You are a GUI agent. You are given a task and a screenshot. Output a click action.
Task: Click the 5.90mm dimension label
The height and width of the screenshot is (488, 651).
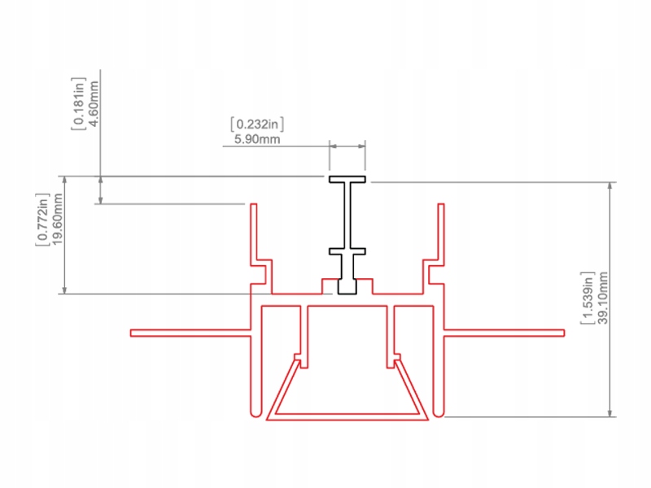pyautogui.click(x=257, y=140)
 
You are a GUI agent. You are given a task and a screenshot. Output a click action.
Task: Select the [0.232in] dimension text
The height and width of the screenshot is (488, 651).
pyautogui.click(x=257, y=124)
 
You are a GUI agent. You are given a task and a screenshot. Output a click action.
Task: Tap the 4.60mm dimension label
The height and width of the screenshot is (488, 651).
pyautogui.click(x=94, y=102)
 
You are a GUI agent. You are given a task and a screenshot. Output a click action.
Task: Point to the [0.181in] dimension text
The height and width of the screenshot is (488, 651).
pyautogui.click(x=79, y=102)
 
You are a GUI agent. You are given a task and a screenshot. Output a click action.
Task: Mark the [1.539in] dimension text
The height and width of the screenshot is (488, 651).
pyautogui.click(x=588, y=298)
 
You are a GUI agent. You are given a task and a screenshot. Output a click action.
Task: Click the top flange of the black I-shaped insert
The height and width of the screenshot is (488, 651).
pyautogui.click(x=347, y=179)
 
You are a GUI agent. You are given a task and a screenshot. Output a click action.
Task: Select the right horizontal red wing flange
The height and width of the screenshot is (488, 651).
pyautogui.click(x=505, y=333)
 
